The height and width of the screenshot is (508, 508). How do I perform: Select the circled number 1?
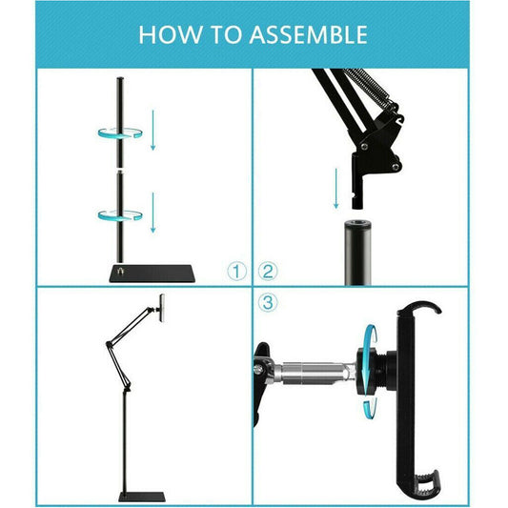point(237,271)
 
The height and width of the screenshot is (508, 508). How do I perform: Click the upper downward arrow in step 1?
point(152,134)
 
